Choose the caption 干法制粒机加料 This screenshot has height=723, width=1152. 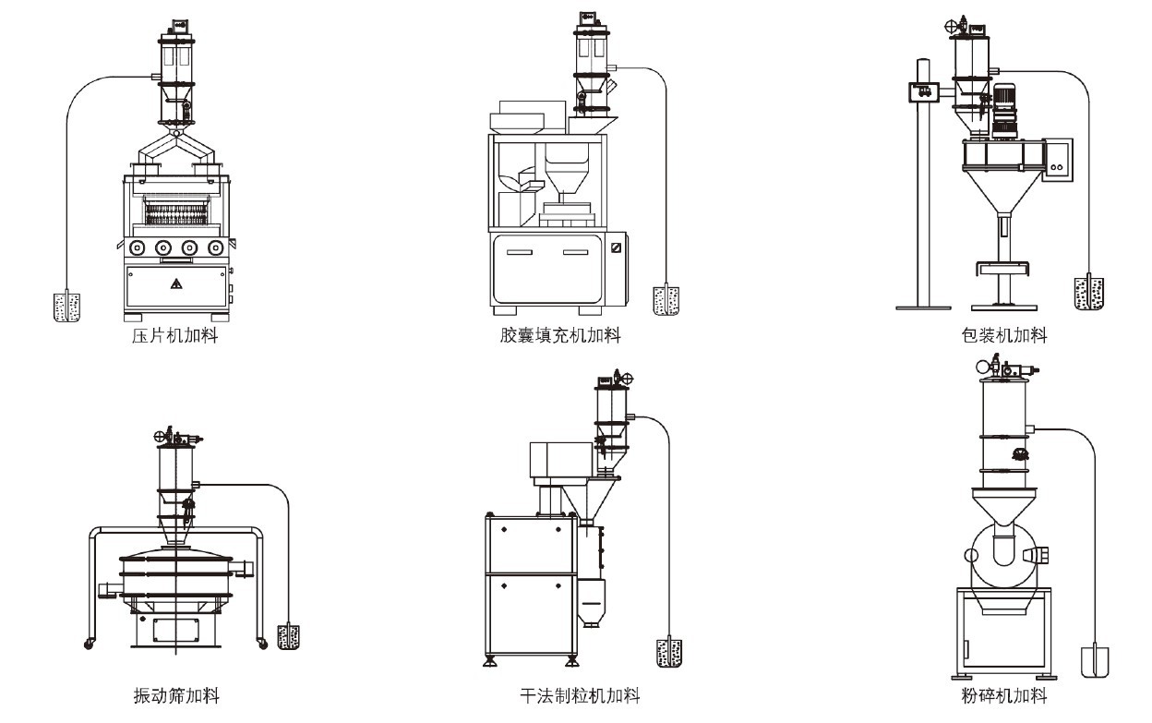pyautogui.click(x=580, y=694)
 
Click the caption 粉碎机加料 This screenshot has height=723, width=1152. pyautogui.click(x=1003, y=694)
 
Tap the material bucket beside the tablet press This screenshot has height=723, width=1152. pyautogui.click(x=66, y=307)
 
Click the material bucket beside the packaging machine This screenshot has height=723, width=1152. pyautogui.click(x=1088, y=293)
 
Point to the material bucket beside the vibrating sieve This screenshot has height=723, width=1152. pyautogui.click(x=289, y=636)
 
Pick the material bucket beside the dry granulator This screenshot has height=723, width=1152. pyautogui.click(x=667, y=652)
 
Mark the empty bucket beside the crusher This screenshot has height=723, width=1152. pyautogui.click(x=1095, y=661)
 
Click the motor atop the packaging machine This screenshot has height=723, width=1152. pyautogui.click(x=1003, y=111)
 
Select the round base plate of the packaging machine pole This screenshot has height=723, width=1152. pyautogui.click(x=924, y=306)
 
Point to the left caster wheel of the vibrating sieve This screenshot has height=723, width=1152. pyautogui.click(x=90, y=642)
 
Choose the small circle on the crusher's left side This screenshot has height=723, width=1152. pyautogui.click(x=971, y=555)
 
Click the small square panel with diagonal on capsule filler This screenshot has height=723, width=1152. pyautogui.click(x=617, y=247)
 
